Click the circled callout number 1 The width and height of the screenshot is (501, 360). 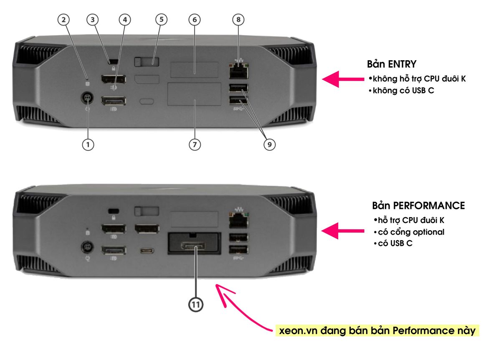point(88,145)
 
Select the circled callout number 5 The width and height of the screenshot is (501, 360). point(161,19)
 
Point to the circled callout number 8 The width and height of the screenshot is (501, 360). point(238,19)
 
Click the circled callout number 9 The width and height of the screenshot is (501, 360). point(269,145)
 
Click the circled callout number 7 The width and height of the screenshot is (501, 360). point(195,145)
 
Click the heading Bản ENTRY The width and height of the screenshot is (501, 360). point(391,64)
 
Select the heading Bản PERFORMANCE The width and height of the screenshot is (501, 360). point(418,206)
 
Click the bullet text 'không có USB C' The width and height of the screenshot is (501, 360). point(402,90)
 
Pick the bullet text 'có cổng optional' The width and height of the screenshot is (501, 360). point(411,232)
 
